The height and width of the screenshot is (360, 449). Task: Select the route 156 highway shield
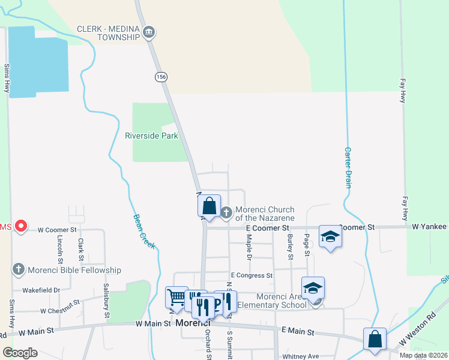click(x=161, y=77)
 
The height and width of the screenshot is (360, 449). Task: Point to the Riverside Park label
click(x=151, y=136)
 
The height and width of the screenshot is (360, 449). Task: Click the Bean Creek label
click(x=143, y=232)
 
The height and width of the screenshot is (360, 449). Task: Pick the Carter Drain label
click(x=348, y=168)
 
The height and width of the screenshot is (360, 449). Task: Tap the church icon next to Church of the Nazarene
click(x=226, y=212)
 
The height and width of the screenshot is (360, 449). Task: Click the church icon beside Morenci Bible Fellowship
click(x=19, y=270)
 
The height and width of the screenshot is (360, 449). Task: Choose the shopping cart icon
click(x=176, y=296)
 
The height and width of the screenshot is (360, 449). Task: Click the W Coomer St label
click(x=57, y=229)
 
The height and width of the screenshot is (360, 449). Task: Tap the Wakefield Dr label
click(x=41, y=290)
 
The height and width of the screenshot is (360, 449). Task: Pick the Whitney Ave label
click(x=300, y=356)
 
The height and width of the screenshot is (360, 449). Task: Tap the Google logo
click(x=20, y=353)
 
